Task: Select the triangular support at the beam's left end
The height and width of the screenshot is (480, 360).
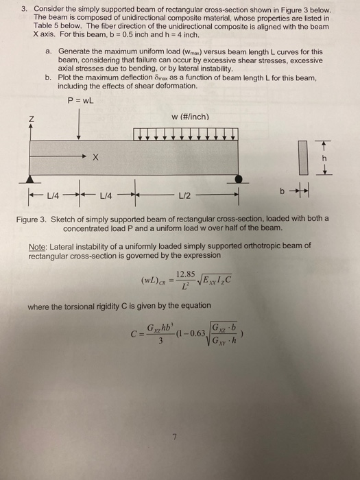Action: click(x=29, y=180)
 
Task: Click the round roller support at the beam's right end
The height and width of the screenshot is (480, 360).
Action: click(x=237, y=180)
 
